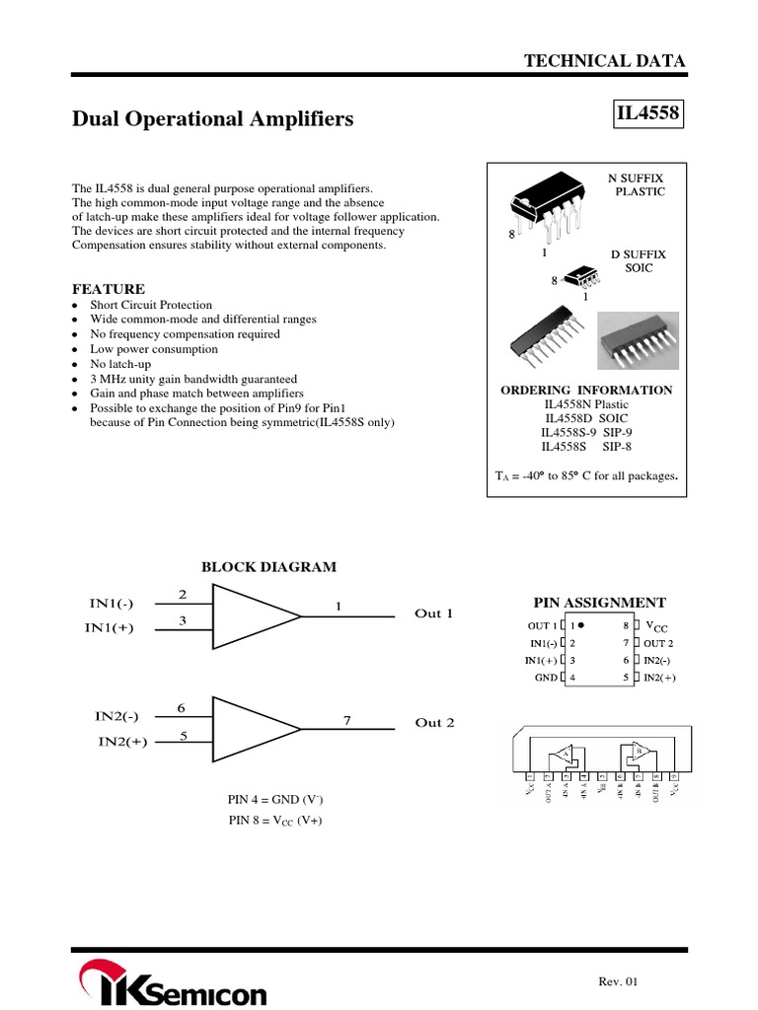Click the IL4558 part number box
click(x=648, y=114)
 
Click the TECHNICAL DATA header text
click(x=604, y=61)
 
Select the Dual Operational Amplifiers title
click(x=213, y=119)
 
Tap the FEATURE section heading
click(x=109, y=289)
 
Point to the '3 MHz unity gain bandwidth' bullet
click(x=193, y=379)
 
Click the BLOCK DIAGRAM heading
click(x=268, y=567)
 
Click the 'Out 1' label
click(x=434, y=613)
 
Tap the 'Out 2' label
click(x=434, y=723)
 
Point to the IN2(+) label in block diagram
click(x=122, y=743)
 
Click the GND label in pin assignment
click(x=546, y=678)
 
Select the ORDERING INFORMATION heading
click(x=586, y=391)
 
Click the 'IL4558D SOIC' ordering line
click(x=586, y=418)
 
